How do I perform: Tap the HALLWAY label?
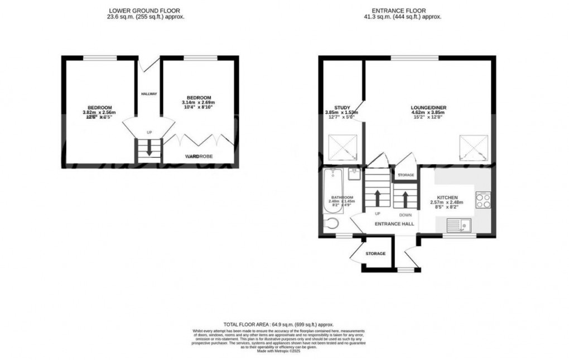click(149, 94)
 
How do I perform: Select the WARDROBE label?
click(200, 157)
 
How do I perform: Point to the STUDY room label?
click(341, 107)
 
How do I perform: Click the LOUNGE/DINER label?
click(429, 107)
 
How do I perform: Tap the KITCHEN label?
click(447, 198)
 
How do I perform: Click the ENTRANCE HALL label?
click(394, 224)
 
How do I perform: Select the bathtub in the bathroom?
click(330, 192)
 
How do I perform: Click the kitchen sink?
click(459, 226)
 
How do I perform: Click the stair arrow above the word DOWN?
click(405, 198)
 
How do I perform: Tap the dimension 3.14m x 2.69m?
click(199, 103)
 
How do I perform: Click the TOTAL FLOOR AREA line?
click(278, 324)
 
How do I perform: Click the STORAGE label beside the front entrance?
click(375, 253)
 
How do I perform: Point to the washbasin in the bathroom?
click(353, 174)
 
